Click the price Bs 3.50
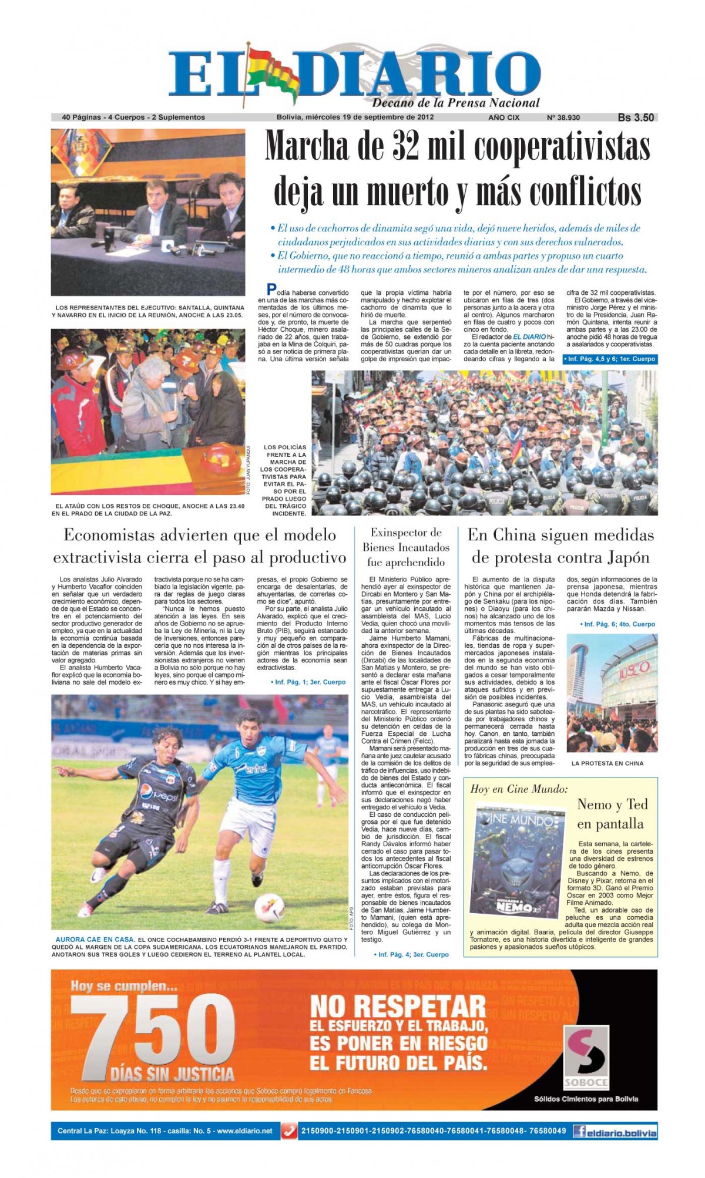(636, 117)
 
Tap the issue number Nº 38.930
(563, 117)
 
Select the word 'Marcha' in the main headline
(317, 147)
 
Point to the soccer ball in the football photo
(270, 908)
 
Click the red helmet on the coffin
(221, 459)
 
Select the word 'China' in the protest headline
(516, 536)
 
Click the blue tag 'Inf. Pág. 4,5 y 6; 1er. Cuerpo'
(609, 359)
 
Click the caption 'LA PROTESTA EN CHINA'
(607, 763)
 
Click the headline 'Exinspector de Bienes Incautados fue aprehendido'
(405, 547)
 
